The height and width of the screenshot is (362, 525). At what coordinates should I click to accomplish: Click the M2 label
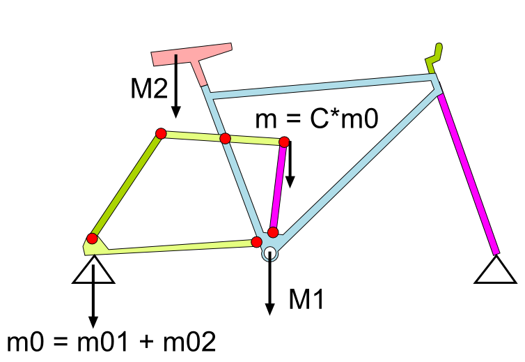click(x=149, y=89)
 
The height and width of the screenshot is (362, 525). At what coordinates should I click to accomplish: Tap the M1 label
click(x=306, y=299)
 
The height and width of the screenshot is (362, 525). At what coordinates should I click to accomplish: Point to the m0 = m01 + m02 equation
click(x=111, y=342)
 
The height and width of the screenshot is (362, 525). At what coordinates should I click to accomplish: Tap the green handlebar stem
click(x=434, y=59)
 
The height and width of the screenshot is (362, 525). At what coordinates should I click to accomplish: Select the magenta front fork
click(x=469, y=174)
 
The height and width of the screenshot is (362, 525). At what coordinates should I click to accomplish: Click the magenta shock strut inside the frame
click(x=279, y=186)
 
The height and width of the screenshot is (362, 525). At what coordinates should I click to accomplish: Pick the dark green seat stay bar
click(x=126, y=186)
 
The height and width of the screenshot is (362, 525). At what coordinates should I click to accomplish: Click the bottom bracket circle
click(x=270, y=254)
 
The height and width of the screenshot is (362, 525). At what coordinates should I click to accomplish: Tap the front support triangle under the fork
click(x=495, y=271)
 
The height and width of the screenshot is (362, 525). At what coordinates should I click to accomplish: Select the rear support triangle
click(x=93, y=271)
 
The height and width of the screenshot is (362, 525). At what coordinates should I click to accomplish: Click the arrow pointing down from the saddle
click(x=175, y=86)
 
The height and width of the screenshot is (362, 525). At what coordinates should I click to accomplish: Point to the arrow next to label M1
click(x=270, y=282)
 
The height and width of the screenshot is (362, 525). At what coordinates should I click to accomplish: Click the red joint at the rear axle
click(x=92, y=239)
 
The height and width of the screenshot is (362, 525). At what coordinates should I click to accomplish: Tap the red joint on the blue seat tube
click(x=226, y=138)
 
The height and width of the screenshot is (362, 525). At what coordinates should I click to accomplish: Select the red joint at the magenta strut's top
click(x=284, y=142)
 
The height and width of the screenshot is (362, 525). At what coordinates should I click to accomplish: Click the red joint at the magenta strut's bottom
click(x=273, y=232)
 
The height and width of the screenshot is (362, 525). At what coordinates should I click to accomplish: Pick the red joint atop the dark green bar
click(x=161, y=133)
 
